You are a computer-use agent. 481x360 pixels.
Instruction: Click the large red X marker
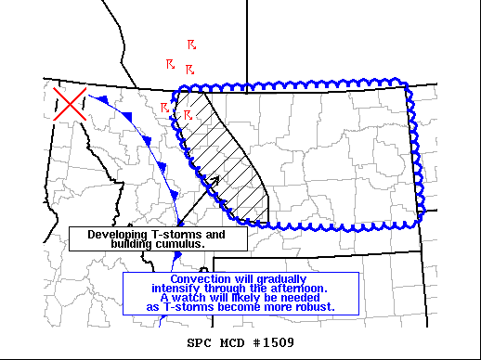[x=70, y=104]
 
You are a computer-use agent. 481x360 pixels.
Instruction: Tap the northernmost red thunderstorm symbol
[x=191, y=44]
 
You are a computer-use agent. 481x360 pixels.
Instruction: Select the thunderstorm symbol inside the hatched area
[x=188, y=115]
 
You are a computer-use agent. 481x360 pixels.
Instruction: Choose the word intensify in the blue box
[x=177, y=288]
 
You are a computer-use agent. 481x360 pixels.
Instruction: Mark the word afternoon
[x=311, y=288]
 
